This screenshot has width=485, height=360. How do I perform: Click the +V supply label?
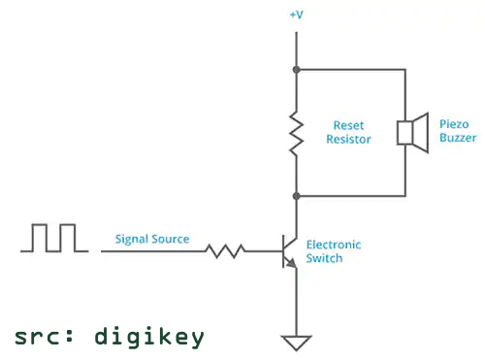click(296, 16)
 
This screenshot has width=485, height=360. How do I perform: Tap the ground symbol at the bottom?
click(296, 342)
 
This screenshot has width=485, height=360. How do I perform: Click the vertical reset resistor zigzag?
click(296, 132)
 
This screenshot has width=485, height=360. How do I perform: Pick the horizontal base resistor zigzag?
click(225, 251)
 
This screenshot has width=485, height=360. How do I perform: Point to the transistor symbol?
click(289, 251)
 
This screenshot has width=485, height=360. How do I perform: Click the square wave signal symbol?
click(55, 238)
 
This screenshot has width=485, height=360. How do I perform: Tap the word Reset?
click(348, 125)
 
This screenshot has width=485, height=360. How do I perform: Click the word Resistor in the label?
click(348, 139)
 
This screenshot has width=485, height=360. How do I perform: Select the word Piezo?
click(453, 125)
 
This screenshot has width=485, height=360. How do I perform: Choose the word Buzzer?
click(457, 139)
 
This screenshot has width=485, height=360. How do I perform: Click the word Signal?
click(131, 239)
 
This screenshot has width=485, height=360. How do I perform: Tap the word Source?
click(171, 239)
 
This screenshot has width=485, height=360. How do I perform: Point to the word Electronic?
click(333, 245)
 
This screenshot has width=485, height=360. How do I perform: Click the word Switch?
click(323, 258)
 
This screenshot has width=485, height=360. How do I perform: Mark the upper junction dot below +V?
click(296, 70)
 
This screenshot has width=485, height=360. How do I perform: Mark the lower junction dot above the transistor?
click(296, 195)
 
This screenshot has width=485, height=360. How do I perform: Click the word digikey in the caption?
click(149, 336)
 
